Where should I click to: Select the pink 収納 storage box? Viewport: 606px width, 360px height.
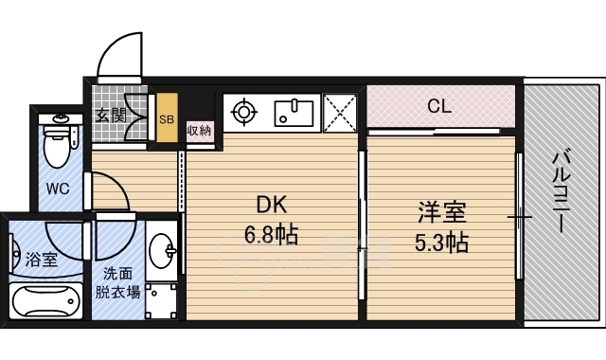click(200, 131)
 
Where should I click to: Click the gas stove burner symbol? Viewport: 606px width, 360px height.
click(244, 113)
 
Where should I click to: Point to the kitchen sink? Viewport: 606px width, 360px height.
click(297, 113)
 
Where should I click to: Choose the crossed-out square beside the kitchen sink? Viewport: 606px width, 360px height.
click(339, 113)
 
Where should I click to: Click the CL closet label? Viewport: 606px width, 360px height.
click(438, 106)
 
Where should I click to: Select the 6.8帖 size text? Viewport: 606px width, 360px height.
click(271, 234)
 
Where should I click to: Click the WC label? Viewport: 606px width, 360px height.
click(58, 189)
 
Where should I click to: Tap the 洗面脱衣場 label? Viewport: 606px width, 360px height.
click(117, 283)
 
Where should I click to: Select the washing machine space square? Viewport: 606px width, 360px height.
click(164, 301)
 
